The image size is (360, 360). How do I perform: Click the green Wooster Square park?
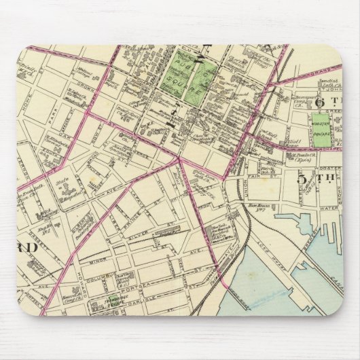pyautogui.click(x=321, y=128)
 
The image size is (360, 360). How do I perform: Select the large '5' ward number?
pyautogui.click(x=303, y=179)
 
